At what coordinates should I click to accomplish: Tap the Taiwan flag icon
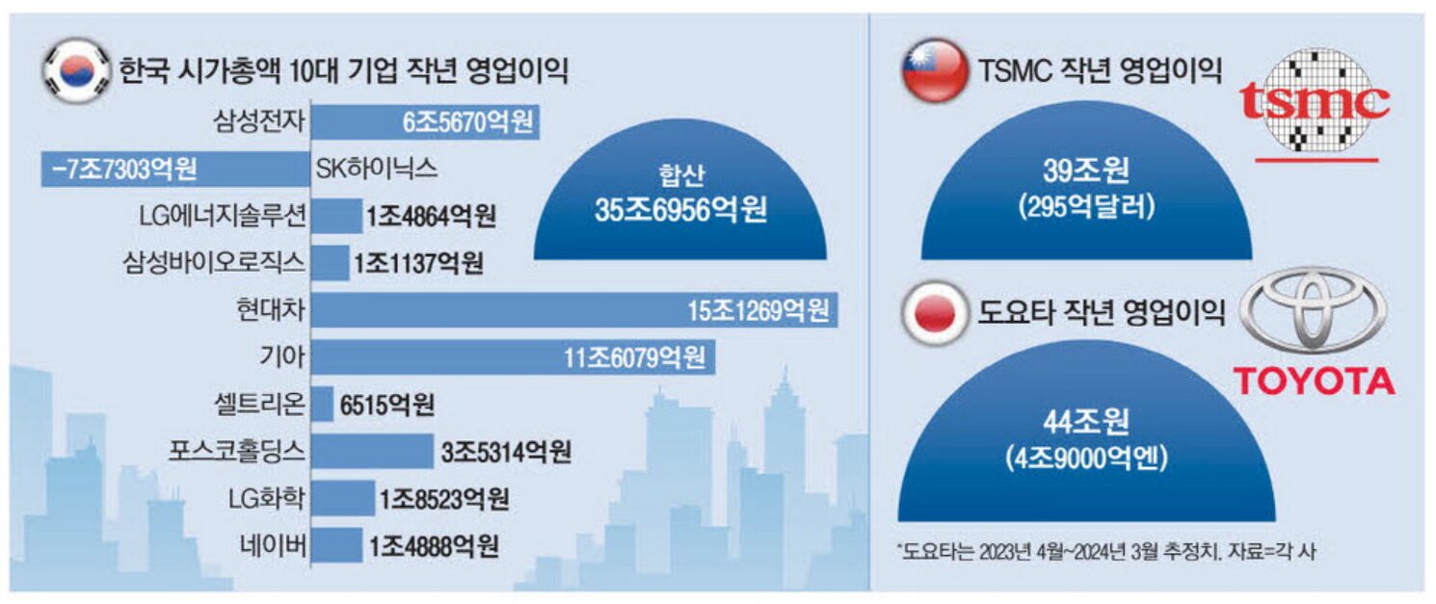coord(934,70)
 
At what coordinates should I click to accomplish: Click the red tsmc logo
coord(1314,101)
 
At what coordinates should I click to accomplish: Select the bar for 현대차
coord(575,310)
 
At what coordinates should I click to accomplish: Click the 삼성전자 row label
coord(259,122)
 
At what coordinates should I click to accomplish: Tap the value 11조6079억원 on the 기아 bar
coord(634,358)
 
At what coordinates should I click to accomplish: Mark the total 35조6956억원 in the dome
coord(680,212)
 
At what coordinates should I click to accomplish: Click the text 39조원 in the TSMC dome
coord(1085,171)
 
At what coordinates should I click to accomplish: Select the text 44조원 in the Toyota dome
coord(1085,421)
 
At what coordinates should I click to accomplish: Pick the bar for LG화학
coord(344,499)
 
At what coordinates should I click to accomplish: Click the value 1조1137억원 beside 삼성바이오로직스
coord(418,263)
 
